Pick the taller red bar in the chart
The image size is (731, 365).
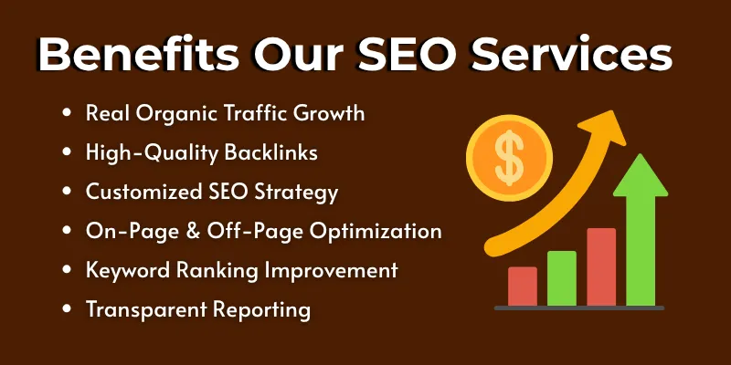[x=601, y=266]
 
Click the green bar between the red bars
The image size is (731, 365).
[x=561, y=277]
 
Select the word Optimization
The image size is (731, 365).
[x=377, y=232]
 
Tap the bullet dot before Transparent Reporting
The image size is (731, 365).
[x=68, y=309]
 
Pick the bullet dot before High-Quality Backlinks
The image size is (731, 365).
[x=68, y=153]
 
